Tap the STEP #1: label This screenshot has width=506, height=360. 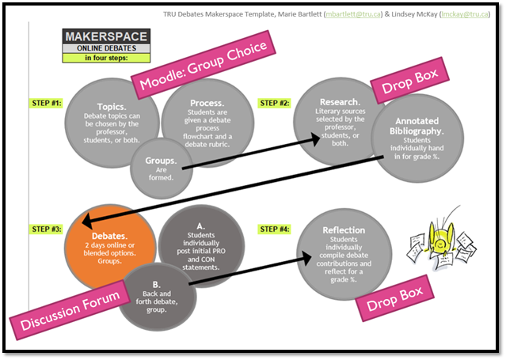46,103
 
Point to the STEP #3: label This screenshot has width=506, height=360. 46,229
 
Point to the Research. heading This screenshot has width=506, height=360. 341,102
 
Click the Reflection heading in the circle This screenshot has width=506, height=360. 344,230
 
